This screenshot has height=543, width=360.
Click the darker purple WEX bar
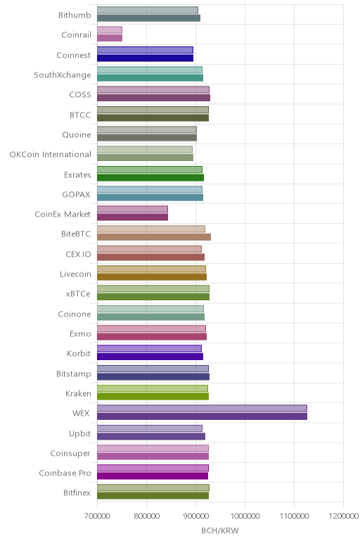click(x=202, y=416)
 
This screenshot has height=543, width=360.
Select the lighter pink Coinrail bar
click(x=110, y=30)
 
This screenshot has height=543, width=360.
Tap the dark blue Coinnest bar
click(x=145, y=58)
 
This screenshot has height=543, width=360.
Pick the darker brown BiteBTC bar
click(x=154, y=237)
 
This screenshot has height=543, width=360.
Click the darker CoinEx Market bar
click(x=132, y=217)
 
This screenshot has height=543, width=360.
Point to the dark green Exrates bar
click(x=150, y=177)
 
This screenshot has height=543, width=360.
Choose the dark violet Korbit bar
click(x=150, y=357)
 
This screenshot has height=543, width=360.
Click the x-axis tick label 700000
click(x=97, y=516)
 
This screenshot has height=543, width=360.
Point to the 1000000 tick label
click(x=245, y=516)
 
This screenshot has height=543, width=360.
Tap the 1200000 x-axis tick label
click(x=344, y=516)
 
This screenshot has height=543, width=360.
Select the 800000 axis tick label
click(x=146, y=516)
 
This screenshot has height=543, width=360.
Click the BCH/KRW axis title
click(x=220, y=530)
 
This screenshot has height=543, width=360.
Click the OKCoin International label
click(x=51, y=155)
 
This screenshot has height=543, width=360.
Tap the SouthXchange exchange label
click(x=63, y=75)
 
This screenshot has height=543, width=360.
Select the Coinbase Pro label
click(x=65, y=473)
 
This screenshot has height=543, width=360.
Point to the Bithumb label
click(x=75, y=15)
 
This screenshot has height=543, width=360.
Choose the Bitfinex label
click(x=77, y=493)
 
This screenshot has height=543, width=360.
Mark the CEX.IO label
click(x=78, y=254)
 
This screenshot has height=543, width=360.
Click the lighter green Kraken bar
click(x=153, y=388)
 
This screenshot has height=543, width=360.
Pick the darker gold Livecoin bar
click(x=152, y=276)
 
